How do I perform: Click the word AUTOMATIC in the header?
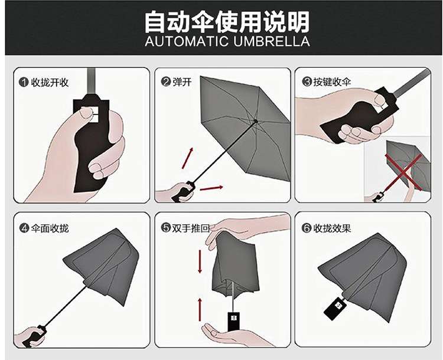(x=187, y=41)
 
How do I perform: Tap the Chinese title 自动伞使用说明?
(x=227, y=21)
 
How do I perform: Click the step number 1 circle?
(x=24, y=83)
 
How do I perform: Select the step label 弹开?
(x=182, y=82)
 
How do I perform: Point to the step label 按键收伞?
(x=332, y=82)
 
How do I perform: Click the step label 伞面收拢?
(x=50, y=228)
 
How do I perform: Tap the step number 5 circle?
(x=165, y=228)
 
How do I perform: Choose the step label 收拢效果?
(x=332, y=228)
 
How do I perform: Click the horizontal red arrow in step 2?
(x=211, y=188)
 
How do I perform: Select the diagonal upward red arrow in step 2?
(x=188, y=158)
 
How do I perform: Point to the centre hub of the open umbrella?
(x=256, y=122)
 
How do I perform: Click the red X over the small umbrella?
(x=404, y=172)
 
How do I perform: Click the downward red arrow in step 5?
(x=200, y=261)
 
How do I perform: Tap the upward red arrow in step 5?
(x=200, y=309)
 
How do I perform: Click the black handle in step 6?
(x=335, y=309)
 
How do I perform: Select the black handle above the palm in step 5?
(x=234, y=322)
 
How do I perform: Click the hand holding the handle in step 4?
(x=30, y=337)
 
